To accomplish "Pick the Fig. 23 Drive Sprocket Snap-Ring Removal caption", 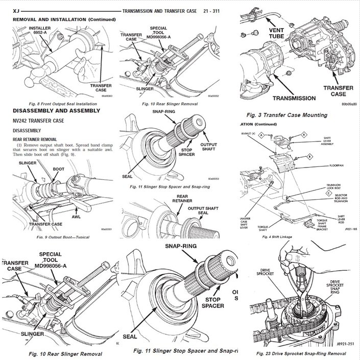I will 304,352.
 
